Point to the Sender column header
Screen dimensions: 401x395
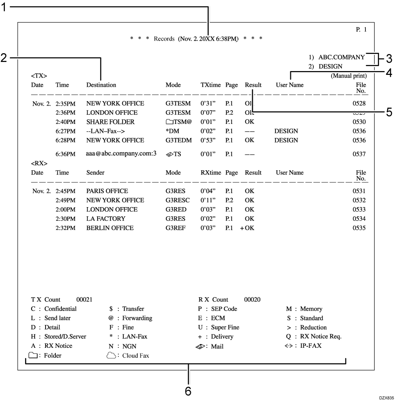pos(95,172)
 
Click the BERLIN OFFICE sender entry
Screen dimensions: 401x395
pos(110,228)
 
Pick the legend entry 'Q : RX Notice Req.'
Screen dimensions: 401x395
pos(313,336)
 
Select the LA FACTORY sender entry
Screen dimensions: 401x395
pos(106,219)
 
